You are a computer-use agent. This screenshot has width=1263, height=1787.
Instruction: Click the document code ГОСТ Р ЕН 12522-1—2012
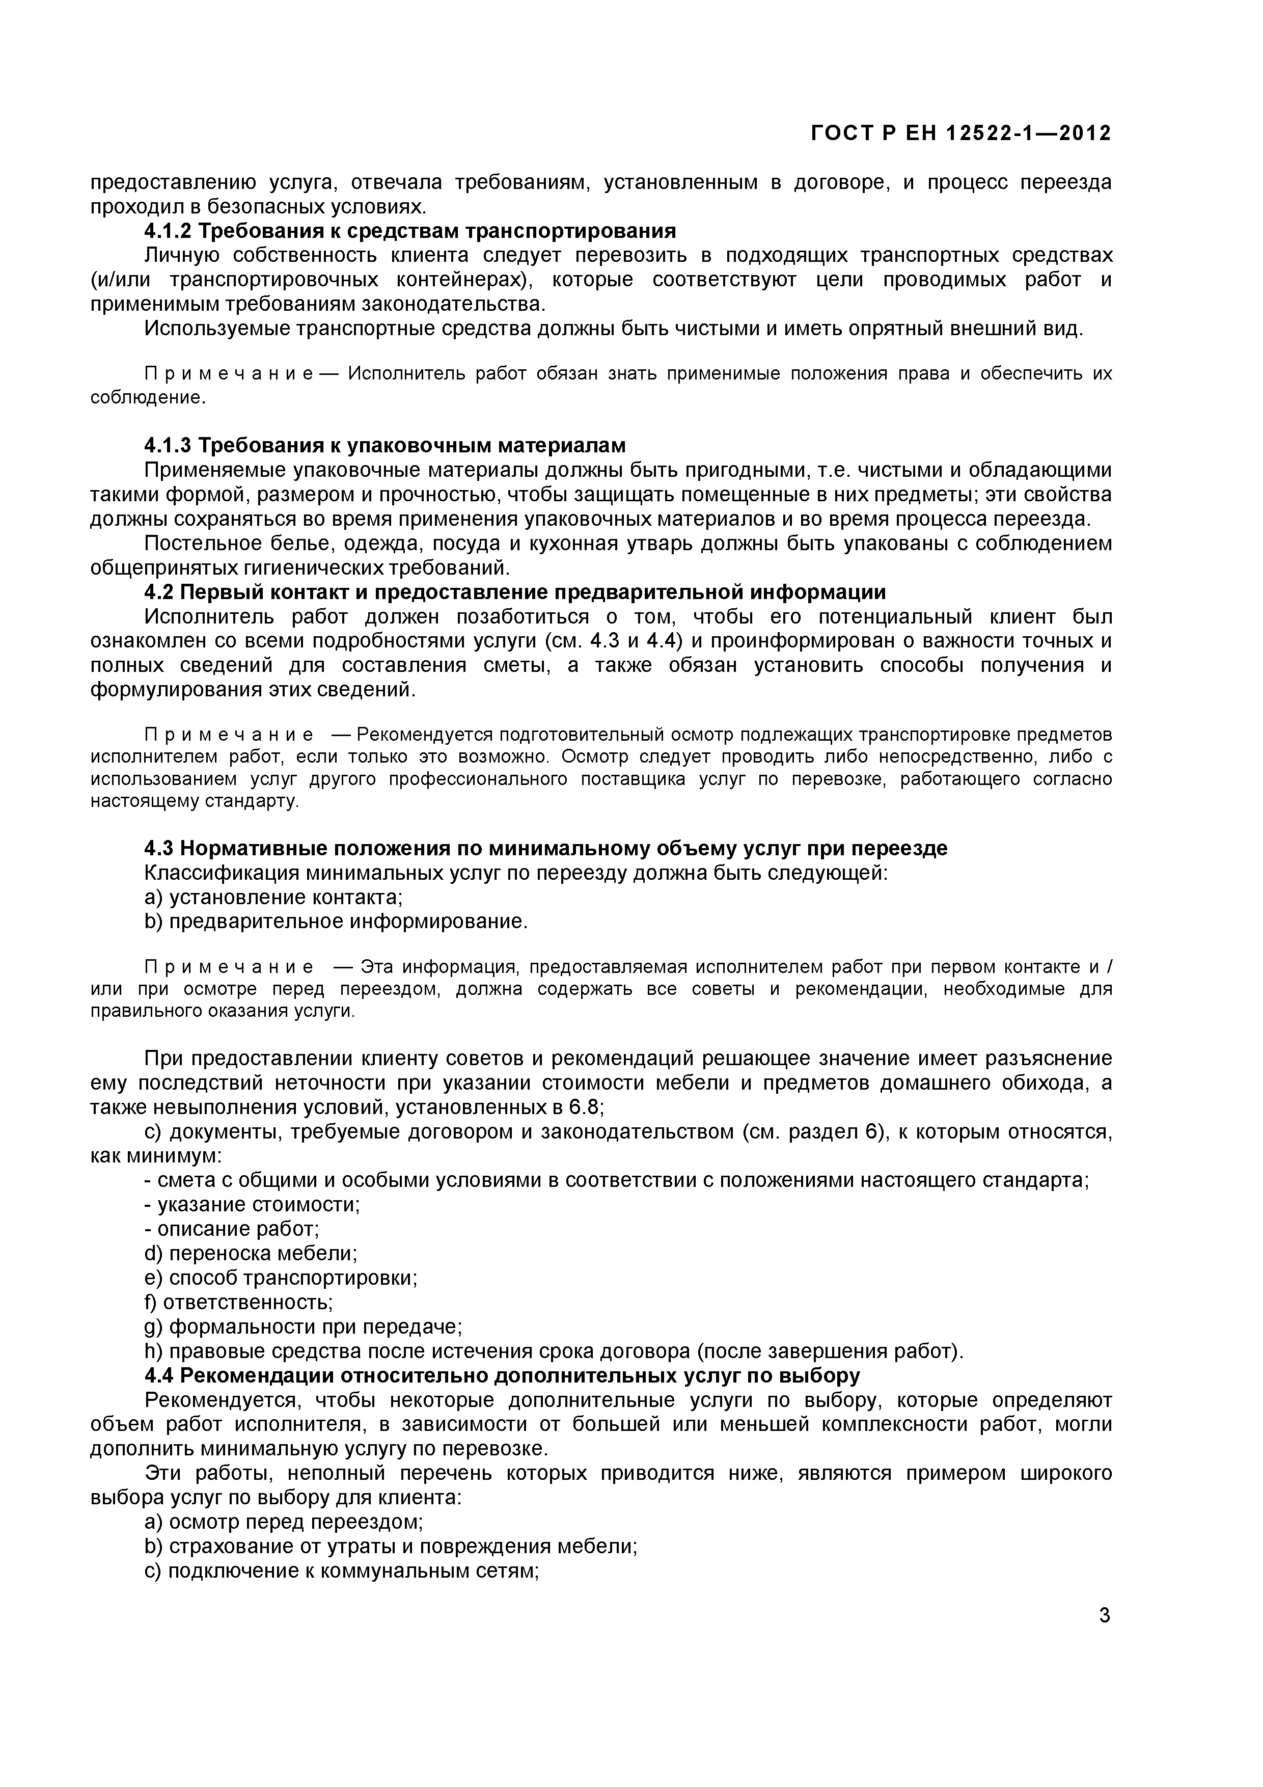tap(960, 134)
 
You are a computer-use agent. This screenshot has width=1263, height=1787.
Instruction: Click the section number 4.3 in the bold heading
tap(159, 848)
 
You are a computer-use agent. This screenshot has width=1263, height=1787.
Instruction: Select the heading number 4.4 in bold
tap(159, 1375)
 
